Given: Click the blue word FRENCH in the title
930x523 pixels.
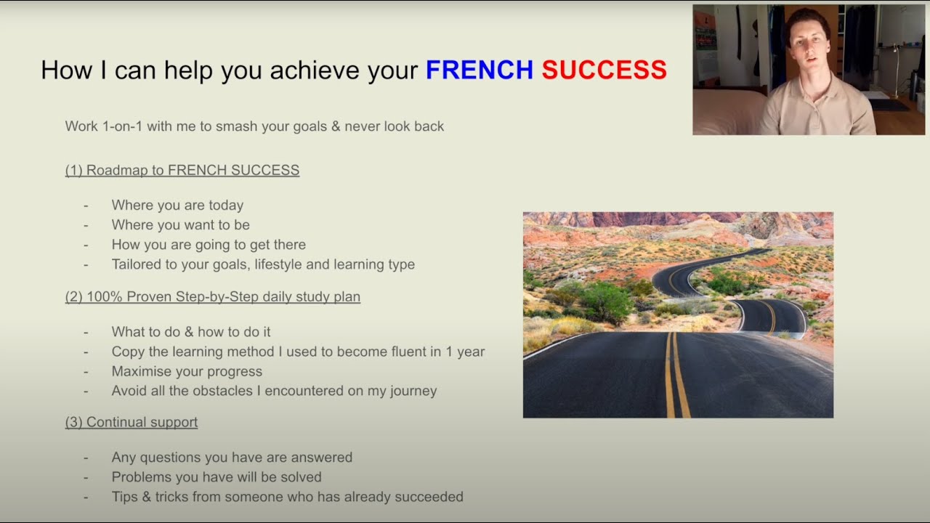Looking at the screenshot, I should tap(479, 70).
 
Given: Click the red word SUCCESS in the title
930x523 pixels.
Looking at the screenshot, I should tap(604, 70).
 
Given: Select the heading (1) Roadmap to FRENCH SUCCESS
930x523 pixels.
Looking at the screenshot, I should tap(182, 170).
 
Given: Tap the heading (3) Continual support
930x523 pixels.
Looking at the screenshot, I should tap(132, 422).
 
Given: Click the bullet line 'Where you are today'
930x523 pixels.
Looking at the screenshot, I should tap(177, 206).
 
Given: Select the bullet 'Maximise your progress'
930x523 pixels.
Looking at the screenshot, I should tap(187, 371).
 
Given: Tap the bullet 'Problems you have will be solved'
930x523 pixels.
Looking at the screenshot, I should tap(217, 477).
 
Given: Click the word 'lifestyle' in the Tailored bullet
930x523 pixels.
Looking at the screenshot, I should tap(275, 264).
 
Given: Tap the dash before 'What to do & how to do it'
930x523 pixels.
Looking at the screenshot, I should tap(86, 332).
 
